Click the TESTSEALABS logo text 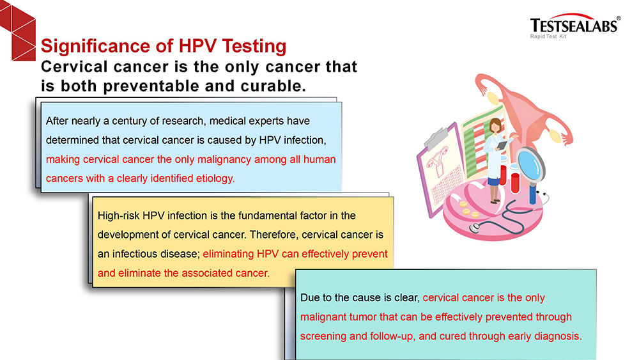pyautogui.click(x=574, y=26)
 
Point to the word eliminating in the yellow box pyautogui.click(x=228, y=254)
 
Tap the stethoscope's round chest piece pyautogui.click(x=474, y=228)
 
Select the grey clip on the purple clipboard pyautogui.click(x=437, y=138)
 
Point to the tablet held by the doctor pyautogui.click(x=502, y=145)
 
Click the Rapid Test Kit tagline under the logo pyautogui.click(x=548, y=36)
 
